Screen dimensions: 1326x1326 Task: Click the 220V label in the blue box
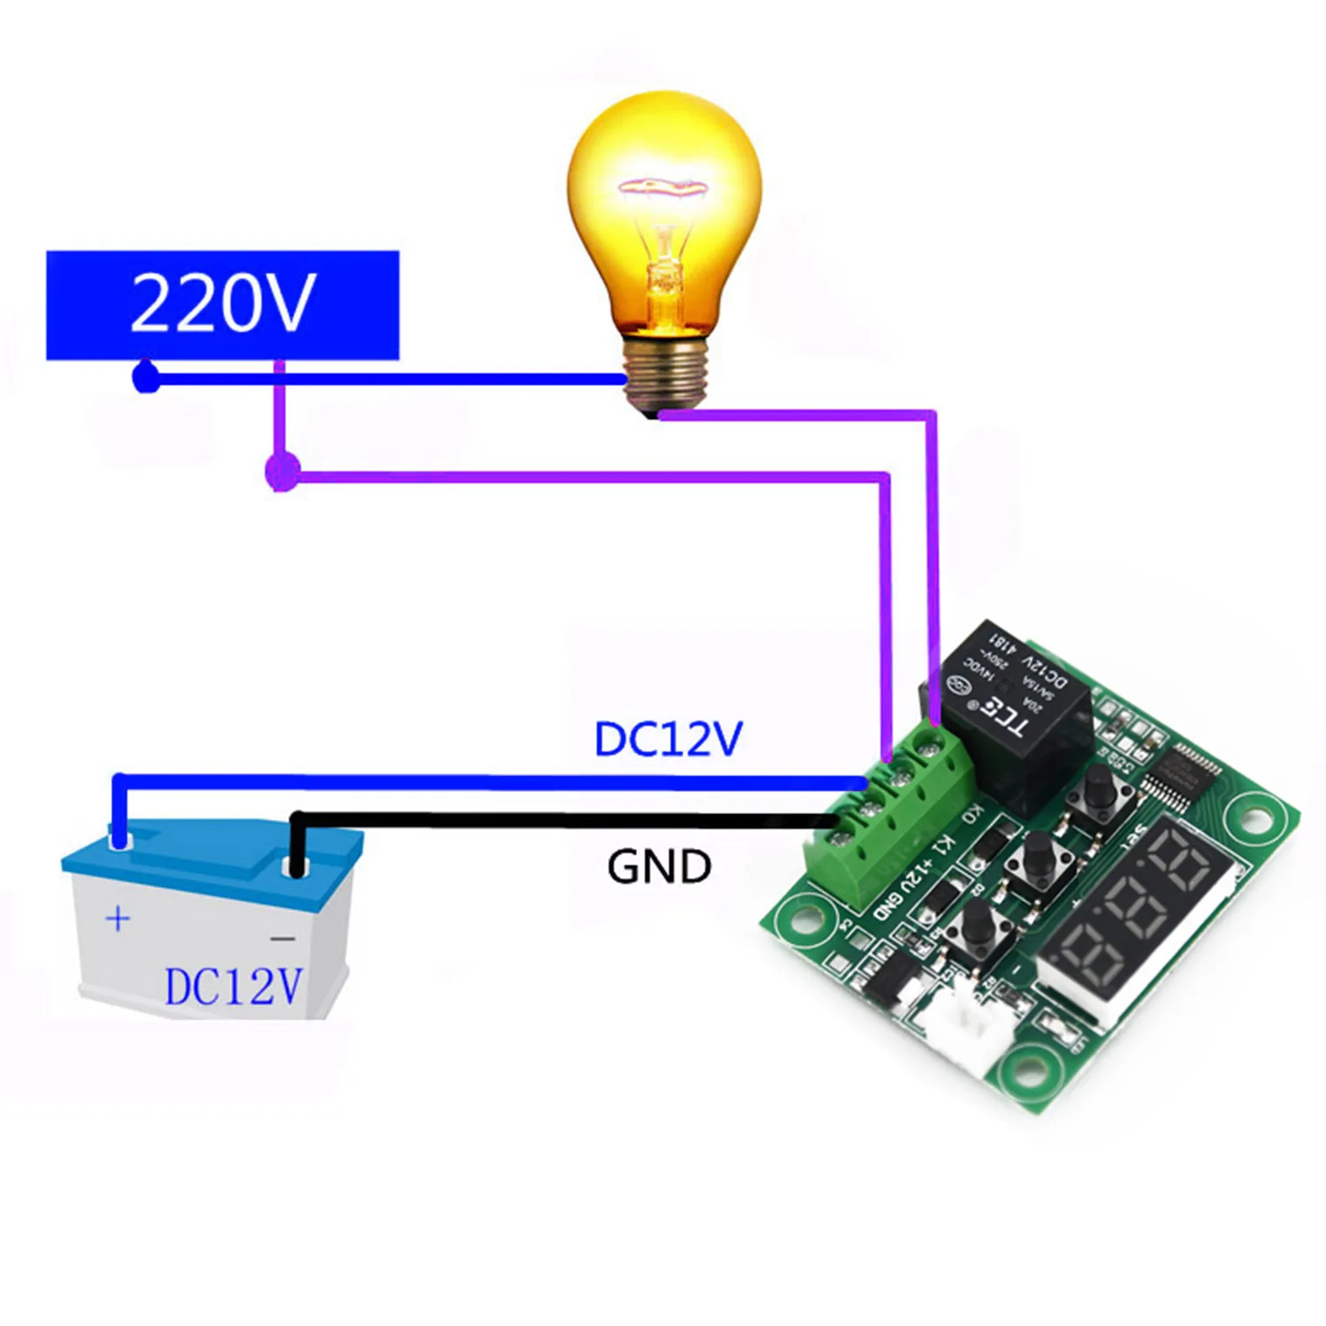click(222, 303)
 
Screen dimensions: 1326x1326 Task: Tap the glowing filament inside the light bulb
click(663, 187)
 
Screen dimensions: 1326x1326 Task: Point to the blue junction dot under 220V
click(146, 379)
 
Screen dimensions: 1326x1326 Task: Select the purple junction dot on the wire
click(282, 472)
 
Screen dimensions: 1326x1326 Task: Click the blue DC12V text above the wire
click(668, 739)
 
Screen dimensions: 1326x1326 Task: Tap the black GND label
click(659, 866)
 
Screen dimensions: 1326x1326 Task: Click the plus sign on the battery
click(118, 918)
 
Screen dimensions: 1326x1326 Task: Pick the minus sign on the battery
click(282, 938)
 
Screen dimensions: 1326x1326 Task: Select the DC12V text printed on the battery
click(233, 987)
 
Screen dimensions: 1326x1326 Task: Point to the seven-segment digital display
click(1140, 915)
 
